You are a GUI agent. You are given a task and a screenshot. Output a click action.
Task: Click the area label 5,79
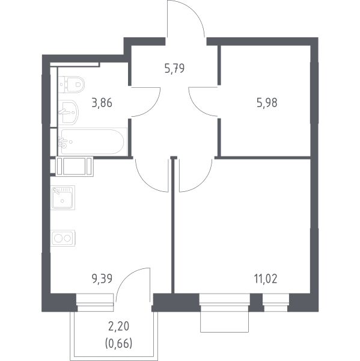pyautogui.click(x=175, y=69)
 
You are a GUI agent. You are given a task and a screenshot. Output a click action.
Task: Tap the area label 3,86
pyautogui.click(x=102, y=103)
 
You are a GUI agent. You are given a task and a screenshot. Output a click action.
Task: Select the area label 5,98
pyautogui.click(x=267, y=103)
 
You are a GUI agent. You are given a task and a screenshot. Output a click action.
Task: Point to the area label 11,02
pyautogui.click(x=266, y=279)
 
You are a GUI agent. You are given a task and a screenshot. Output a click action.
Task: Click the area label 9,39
pyautogui.click(x=102, y=279)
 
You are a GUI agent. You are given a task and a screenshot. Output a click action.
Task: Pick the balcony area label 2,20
pyautogui.click(x=118, y=326)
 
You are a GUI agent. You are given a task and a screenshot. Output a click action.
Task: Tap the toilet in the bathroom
pyautogui.click(x=72, y=84)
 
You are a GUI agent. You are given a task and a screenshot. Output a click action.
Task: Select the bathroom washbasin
pyautogui.click(x=69, y=113)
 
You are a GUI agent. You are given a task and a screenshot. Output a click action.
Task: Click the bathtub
pyautogui.click(x=93, y=141)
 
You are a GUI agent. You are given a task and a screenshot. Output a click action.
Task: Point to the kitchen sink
pyautogui.click(x=63, y=197)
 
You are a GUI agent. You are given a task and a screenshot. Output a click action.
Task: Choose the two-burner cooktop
pyautogui.click(x=63, y=238)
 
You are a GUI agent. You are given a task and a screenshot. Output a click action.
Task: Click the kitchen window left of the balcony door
pyautogui.click(x=95, y=303)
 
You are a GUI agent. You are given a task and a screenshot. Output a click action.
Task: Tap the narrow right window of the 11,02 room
pyautogui.click(x=276, y=303)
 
